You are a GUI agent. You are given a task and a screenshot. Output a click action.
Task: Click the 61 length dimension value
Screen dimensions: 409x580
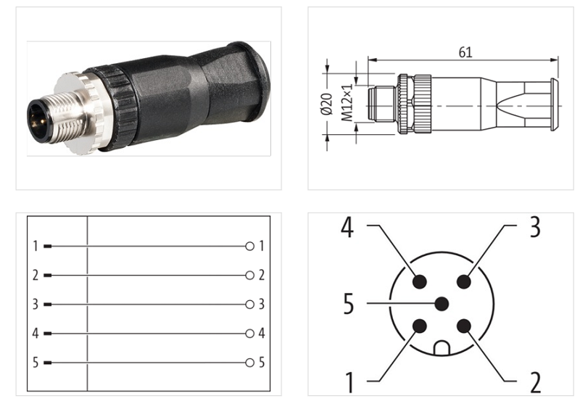click(x=465, y=51)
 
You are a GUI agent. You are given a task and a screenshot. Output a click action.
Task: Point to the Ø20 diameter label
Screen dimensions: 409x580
click(x=326, y=104)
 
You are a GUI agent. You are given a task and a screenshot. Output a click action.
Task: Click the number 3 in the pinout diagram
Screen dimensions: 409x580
click(x=534, y=227)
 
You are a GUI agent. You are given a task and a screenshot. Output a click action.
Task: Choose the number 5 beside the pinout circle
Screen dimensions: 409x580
click(x=349, y=304)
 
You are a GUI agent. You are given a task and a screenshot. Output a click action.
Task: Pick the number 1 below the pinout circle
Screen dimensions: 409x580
click(x=349, y=381)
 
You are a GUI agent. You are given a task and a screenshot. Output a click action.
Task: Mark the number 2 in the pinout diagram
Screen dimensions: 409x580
click(x=535, y=382)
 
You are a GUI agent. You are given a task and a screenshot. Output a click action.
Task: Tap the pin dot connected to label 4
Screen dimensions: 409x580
click(x=420, y=281)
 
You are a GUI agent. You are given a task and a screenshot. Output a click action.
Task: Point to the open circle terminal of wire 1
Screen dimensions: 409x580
click(x=250, y=247)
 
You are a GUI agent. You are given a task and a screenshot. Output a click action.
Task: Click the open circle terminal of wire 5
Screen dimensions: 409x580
click(x=250, y=363)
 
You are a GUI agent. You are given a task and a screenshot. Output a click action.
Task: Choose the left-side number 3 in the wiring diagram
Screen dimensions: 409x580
click(x=35, y=305)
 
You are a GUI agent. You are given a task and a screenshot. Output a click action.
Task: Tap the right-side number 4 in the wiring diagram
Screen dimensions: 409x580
click(x=262, y=334)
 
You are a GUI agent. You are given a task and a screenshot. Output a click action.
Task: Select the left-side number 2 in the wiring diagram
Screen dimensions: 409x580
click(x=35, y=276)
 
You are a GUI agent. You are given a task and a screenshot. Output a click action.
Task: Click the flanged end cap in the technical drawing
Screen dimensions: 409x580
click(x=554, y=104)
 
